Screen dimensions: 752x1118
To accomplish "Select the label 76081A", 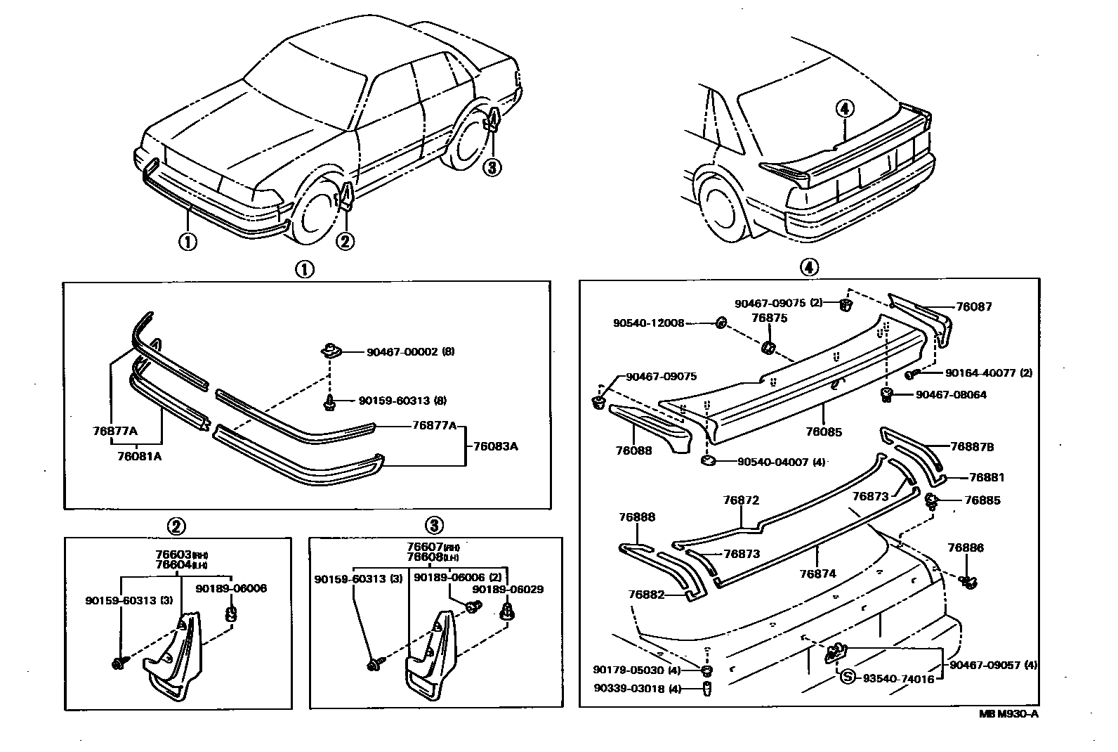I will coord(139,455).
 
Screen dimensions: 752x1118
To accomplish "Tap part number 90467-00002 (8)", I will coord(410,351).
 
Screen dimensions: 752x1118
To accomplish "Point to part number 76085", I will coord(824,432).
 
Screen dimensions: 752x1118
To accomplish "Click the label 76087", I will coord(973,306).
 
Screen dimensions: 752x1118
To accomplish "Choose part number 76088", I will coord(633,450).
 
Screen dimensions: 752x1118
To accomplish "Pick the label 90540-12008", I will coord(647,323).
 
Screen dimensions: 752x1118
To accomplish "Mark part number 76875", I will coord(770,318).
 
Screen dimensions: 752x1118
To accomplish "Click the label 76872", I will coord(741,500).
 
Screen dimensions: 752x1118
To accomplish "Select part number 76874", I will coord(817,573).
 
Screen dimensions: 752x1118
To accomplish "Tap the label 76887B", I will coord(972,446).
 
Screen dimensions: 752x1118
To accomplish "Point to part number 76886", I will coord(966,547).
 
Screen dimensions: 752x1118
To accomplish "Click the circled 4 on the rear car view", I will coord(845,108).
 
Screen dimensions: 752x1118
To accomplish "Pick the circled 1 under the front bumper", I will coord(187,241).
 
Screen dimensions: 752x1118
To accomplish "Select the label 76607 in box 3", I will coord(424,547).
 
